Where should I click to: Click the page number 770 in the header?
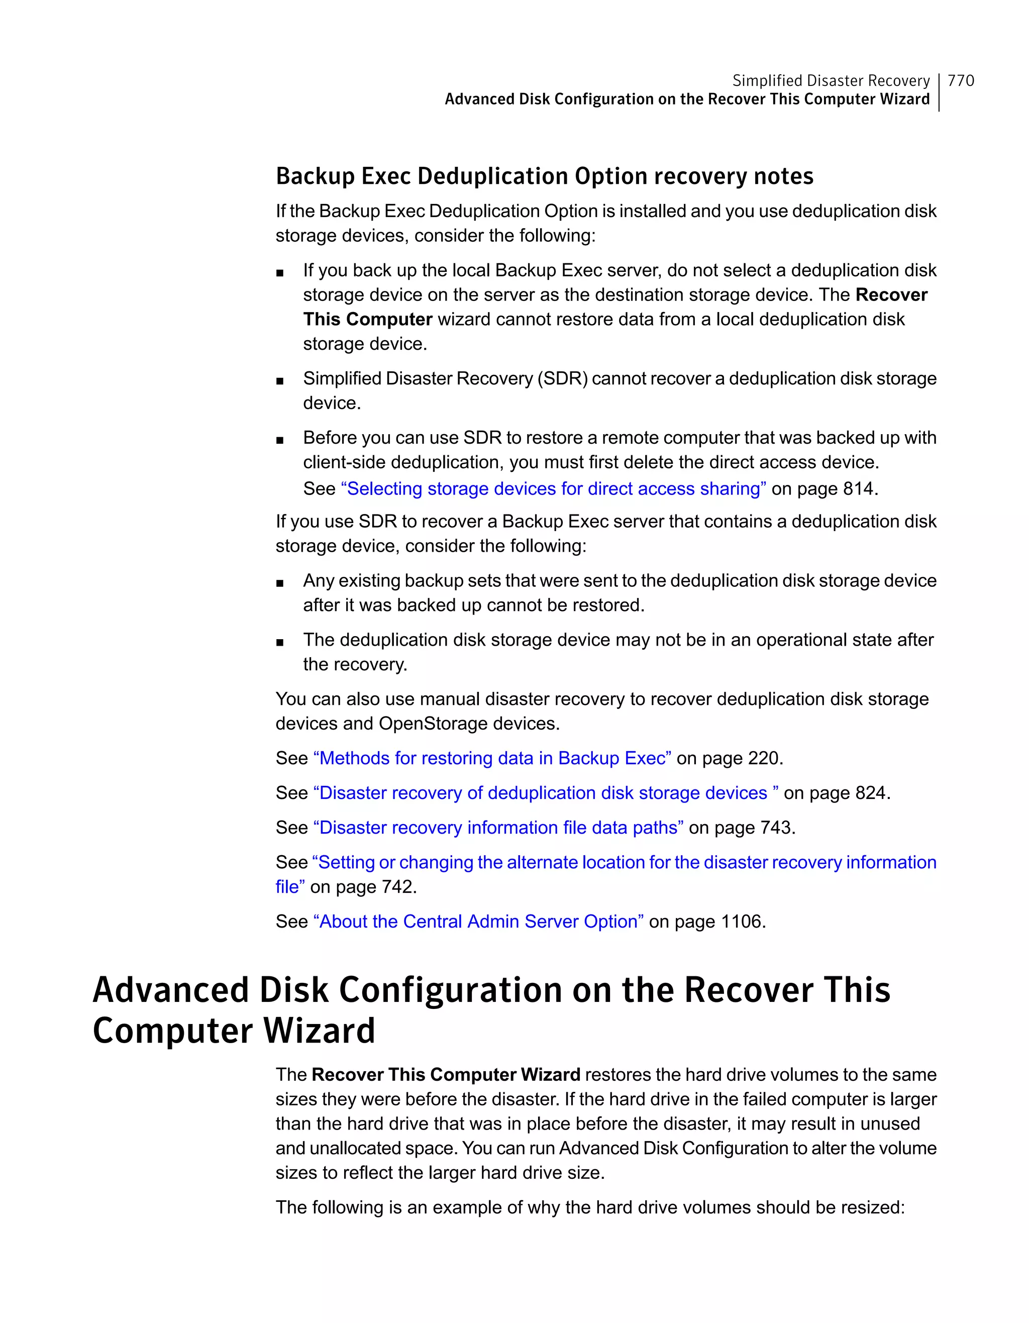tap(961, 80)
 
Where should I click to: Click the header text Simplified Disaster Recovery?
tap(831, 80)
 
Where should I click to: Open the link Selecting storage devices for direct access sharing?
tap(554, 489)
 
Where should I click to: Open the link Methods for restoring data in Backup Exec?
tap(492, 758)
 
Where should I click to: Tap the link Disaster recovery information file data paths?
tap(498, 828)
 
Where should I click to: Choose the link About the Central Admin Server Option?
tap(478, 922)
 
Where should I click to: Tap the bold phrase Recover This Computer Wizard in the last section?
tap(446, 1075)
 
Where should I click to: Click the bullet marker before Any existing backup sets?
tap(279, 583)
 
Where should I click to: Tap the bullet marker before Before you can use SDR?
tap(279, 440)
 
